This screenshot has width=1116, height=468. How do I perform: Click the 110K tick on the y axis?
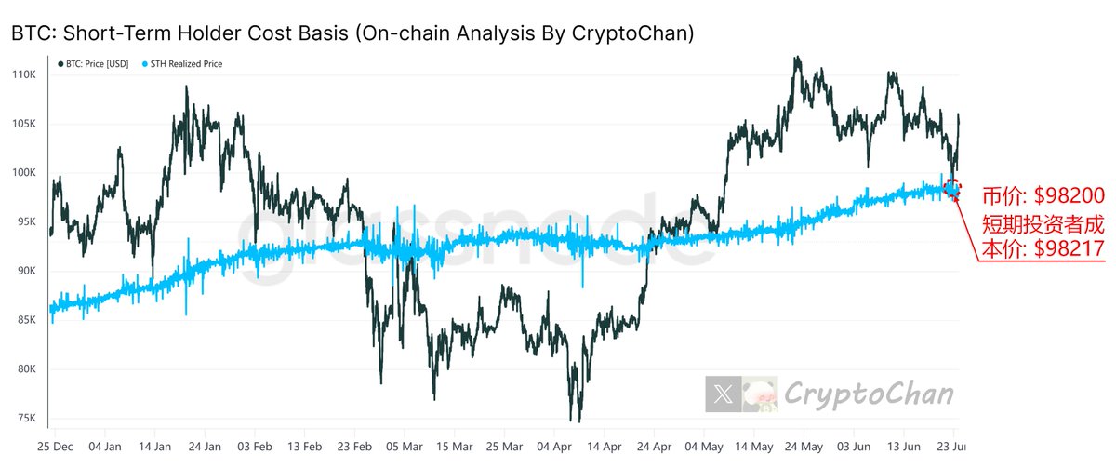(x=22, y=74)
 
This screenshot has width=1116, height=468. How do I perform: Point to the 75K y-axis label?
(x=22, y=418)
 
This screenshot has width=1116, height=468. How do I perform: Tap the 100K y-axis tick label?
(x=22, y=173)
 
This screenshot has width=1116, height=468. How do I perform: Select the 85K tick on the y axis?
(x=22, y=320)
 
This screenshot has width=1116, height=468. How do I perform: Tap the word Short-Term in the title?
(x=106, y=33)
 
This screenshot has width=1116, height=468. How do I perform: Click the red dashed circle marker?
(x=952, y=188)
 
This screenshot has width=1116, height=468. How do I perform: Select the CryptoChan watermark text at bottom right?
(x=870, y=394)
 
